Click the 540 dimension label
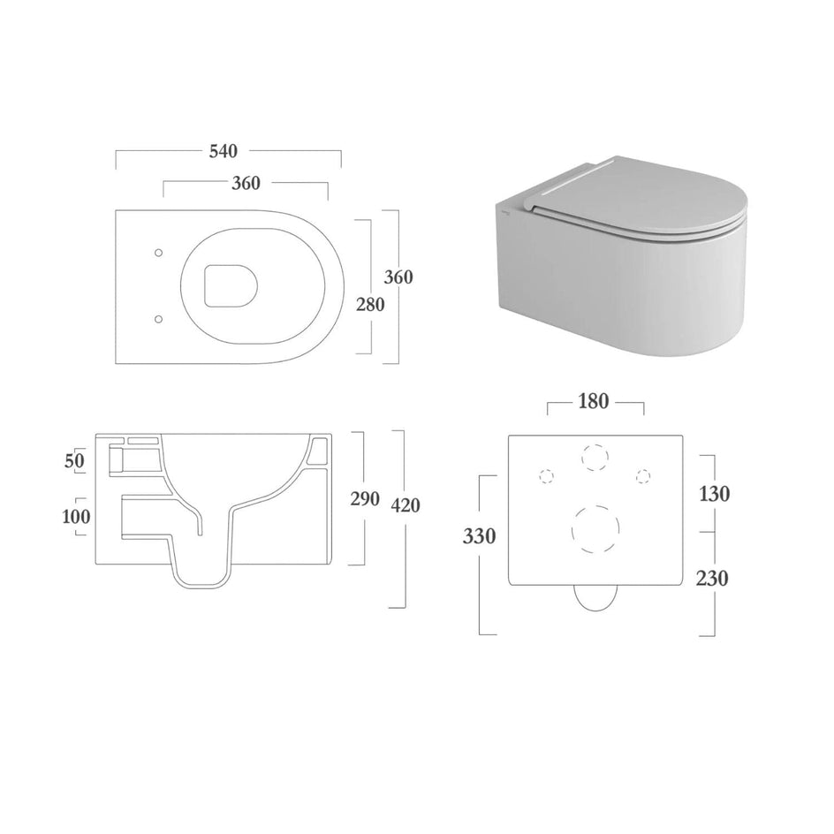point(223,152)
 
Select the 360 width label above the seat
point(246,183)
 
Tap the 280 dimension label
point(370,304)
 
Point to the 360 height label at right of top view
point(398,277)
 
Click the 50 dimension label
point(74,460)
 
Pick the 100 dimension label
point(76,517)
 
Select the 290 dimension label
point(365,498)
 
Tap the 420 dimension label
point(406,504)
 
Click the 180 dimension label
point(593,401)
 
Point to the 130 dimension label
point(715,494)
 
